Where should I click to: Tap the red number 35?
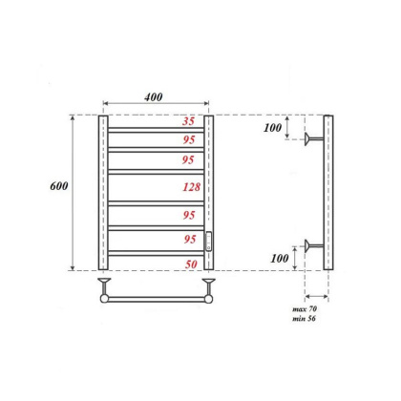tap(190, 121)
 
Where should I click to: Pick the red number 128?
tap(190, 189)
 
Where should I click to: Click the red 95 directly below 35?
tap(190, 138)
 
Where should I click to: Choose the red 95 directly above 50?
tap(190, 239)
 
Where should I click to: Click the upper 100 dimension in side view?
tap(274, 127)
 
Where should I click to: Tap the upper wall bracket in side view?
tap(313, 141)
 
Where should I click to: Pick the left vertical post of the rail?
tap(103, 192)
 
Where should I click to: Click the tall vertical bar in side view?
tap(328, 192)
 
